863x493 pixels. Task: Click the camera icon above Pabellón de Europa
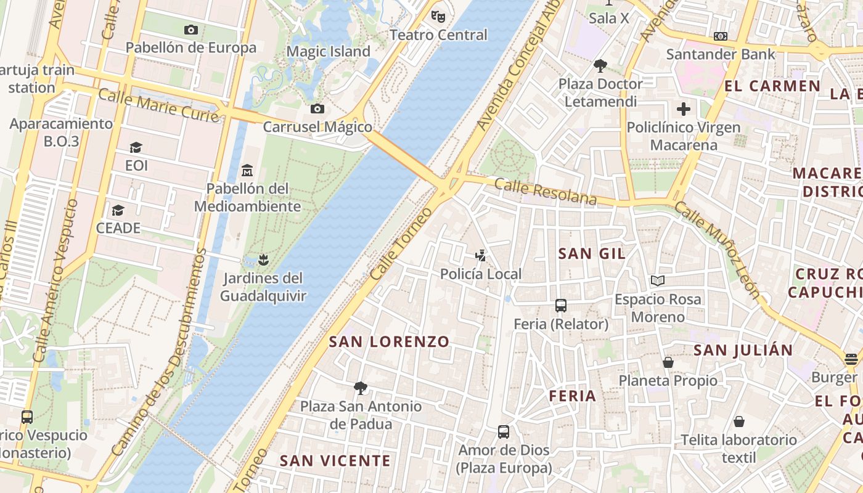tap(191, 30)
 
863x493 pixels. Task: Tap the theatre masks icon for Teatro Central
tap(438, 16)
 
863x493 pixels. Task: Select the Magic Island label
tap(329, 52)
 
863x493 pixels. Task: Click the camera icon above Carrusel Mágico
tap(317, 109)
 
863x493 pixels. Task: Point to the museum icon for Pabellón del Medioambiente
tap(248, 170)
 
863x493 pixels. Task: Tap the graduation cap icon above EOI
tap(136, 147)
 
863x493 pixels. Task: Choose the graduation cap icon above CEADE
tap(118, 210)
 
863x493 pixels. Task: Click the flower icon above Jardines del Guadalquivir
tap(263, 260)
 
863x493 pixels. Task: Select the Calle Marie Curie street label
tap(158, 105)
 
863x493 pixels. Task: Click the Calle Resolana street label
tap(546, 192)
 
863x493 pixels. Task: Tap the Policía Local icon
tap(481, 255)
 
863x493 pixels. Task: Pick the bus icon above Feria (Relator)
tap(561, 305)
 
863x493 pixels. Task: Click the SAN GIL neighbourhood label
tap(592, 253)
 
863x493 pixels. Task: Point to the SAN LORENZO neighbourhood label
tap(389, 341)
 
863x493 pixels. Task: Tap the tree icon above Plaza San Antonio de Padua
tap(361, 388)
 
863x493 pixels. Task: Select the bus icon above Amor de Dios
tap(504, 431)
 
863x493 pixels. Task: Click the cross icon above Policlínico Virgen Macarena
tap(684, 110)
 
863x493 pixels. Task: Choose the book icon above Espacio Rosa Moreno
tap(658, 281)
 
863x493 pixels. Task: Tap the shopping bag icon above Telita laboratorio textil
tap(738, 422)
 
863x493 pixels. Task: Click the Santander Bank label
tap(721, 54)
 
